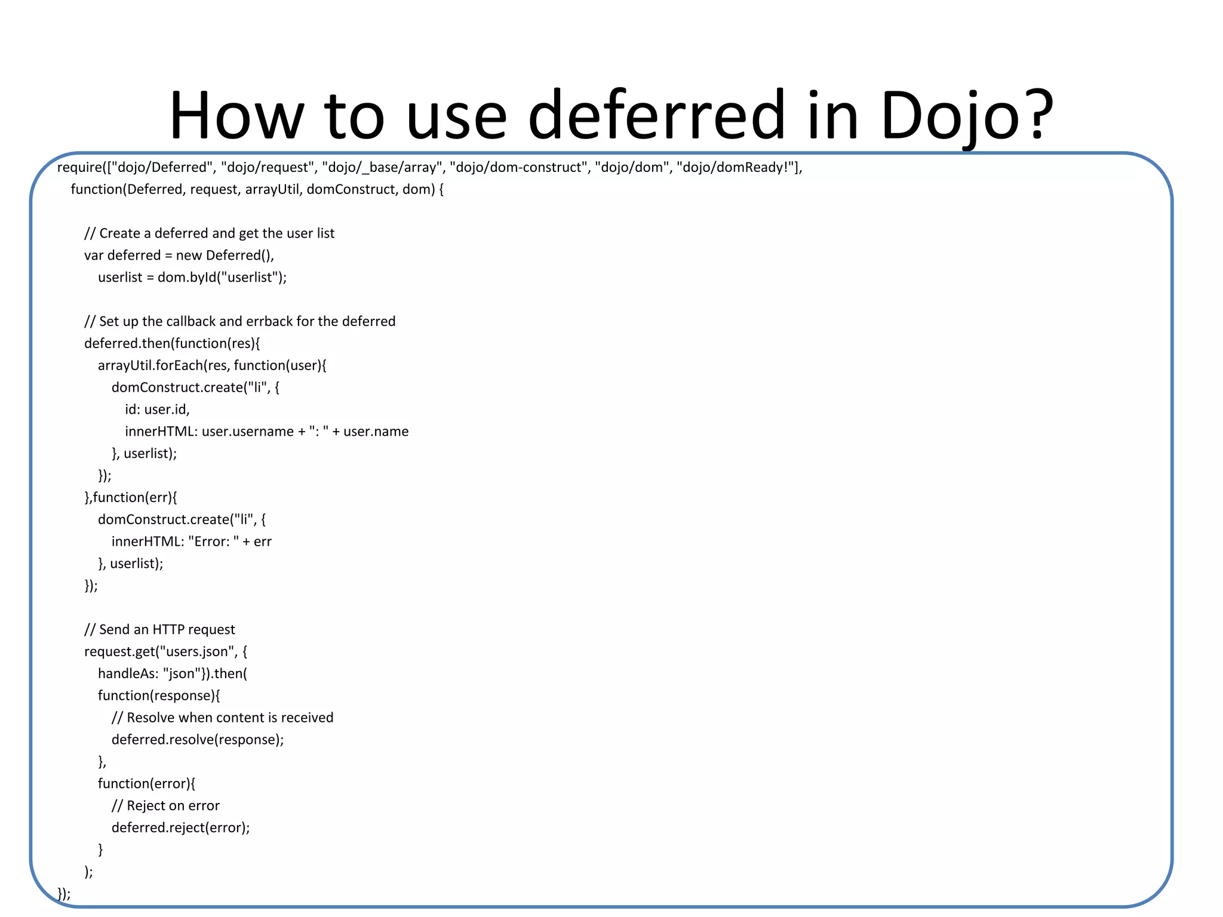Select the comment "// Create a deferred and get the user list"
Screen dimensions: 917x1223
pyautogui.click(x=209, y=233)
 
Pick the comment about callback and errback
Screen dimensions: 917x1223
pyautogui.click(x=239, y=322)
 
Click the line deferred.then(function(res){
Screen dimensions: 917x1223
pyautogui.click(x=172, y=343)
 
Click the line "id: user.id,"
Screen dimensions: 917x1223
pyautogui.click(x=157, y=410)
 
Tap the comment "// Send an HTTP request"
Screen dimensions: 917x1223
pyautogui.click(x=159, y=630)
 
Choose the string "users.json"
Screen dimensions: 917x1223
pyautogui.click(x=198, y=651)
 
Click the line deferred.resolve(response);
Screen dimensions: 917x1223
pyautogui.click(x=198, y=740)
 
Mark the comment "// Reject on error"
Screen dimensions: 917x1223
pyautogui.click(x=165, y=806)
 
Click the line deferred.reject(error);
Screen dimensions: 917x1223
pyautogui.click(x=180, y=827)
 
